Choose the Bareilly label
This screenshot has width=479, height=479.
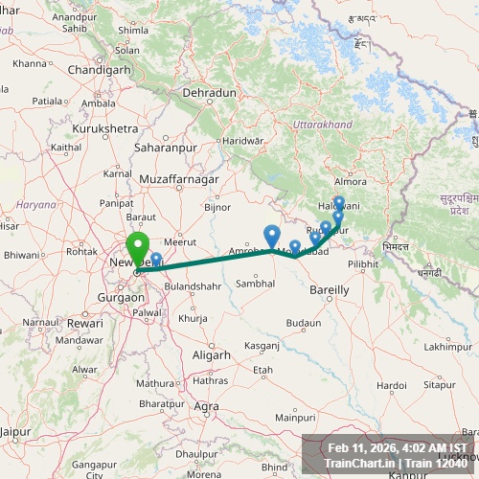[x=330, y=288]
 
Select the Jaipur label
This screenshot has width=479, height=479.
[x=16, y=432]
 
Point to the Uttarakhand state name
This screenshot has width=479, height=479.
[x=323, y=125]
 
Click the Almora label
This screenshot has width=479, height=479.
[x=350, y=181]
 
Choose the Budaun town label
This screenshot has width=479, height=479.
[x=304, y=323]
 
